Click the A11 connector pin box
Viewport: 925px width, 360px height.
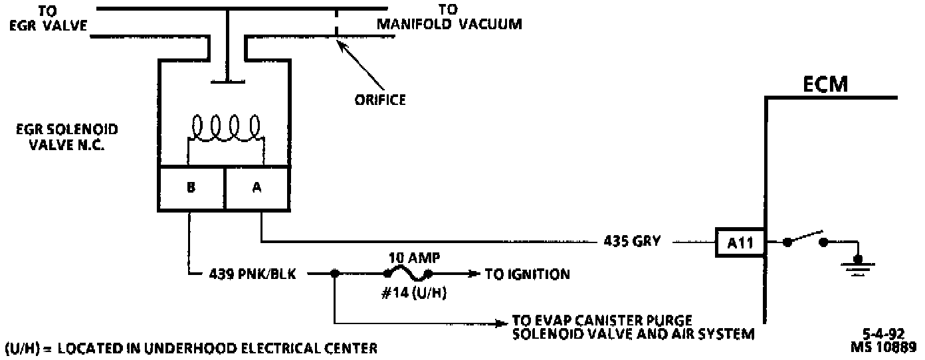[740, 242]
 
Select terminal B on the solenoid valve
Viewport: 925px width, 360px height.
[191, 187]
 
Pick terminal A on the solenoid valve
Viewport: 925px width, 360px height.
[257, 187]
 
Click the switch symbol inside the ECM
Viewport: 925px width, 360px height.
[805, 240]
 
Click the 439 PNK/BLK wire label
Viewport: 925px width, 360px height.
[257, 273]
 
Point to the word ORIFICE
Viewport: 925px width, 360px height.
[379, 100]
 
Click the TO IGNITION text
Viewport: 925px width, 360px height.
[527, 274]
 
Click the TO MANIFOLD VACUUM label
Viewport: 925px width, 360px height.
[449, 18]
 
